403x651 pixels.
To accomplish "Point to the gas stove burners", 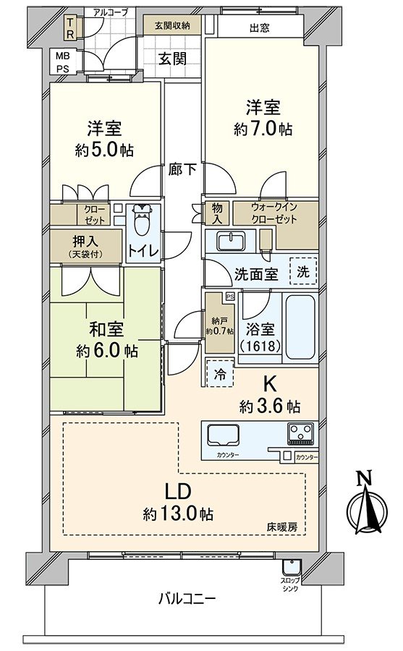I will pos(299,434).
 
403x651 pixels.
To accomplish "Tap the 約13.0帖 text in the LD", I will pos(177,514).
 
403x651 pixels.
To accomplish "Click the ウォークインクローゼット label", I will pos(274,213).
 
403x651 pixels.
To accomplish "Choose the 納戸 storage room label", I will pos(219,320).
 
